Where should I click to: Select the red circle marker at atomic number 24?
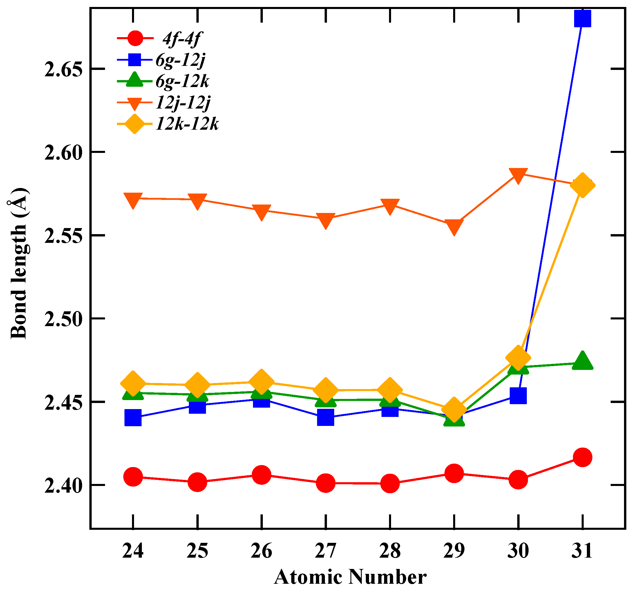click(133, 477)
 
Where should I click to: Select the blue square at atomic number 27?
click(325, 417)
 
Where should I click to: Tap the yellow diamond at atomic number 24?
click(133, 383)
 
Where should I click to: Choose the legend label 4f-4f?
click(182, 39)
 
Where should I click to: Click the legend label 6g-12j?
click(180, 60)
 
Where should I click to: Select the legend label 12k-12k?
click(187, 124)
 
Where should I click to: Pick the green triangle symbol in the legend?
click(134, 80)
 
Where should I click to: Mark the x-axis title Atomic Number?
click(350, 577)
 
